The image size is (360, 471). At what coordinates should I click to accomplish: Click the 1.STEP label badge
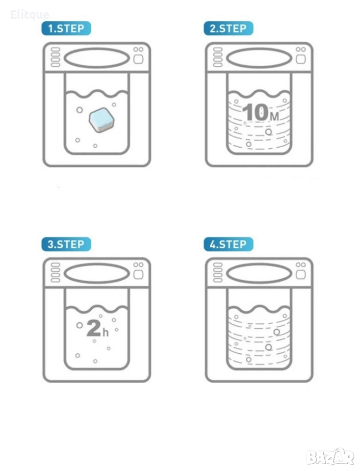(x=66, y=28)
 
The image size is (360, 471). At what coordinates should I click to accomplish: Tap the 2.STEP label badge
(x=228, y=28)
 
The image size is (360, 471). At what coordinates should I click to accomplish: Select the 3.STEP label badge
(x=66, y=244)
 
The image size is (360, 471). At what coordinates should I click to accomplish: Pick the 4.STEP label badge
(x=228, y=244)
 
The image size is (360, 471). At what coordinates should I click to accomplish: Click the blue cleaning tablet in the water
(x=102, y=120)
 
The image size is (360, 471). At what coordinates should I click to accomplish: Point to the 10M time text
(x=260, y=112)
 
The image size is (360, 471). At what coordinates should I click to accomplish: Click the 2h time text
(x=97, y=328)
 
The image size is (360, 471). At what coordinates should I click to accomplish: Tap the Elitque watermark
(x=29, y=14)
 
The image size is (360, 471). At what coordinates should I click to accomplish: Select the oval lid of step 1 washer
(x=97, y=58)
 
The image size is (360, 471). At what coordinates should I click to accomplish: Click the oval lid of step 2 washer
(x=259, y=58)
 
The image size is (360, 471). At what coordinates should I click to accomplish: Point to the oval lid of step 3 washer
(x=97, y=274)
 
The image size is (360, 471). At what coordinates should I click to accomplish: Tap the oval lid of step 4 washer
(x=259, y=274)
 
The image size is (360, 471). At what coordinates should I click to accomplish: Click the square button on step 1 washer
(x=138, y=59)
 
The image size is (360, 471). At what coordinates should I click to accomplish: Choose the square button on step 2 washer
(x=301, y=59)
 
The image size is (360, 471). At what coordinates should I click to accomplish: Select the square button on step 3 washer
(x=138, y=275)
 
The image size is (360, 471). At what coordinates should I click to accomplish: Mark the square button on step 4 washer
(x=301, y=275)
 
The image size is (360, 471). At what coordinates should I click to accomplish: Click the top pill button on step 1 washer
(x=55, y=50)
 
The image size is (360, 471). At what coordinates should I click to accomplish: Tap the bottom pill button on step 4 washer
(x=218, y=280)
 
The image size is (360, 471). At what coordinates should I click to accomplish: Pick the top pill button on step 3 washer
(x=55, y=265)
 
